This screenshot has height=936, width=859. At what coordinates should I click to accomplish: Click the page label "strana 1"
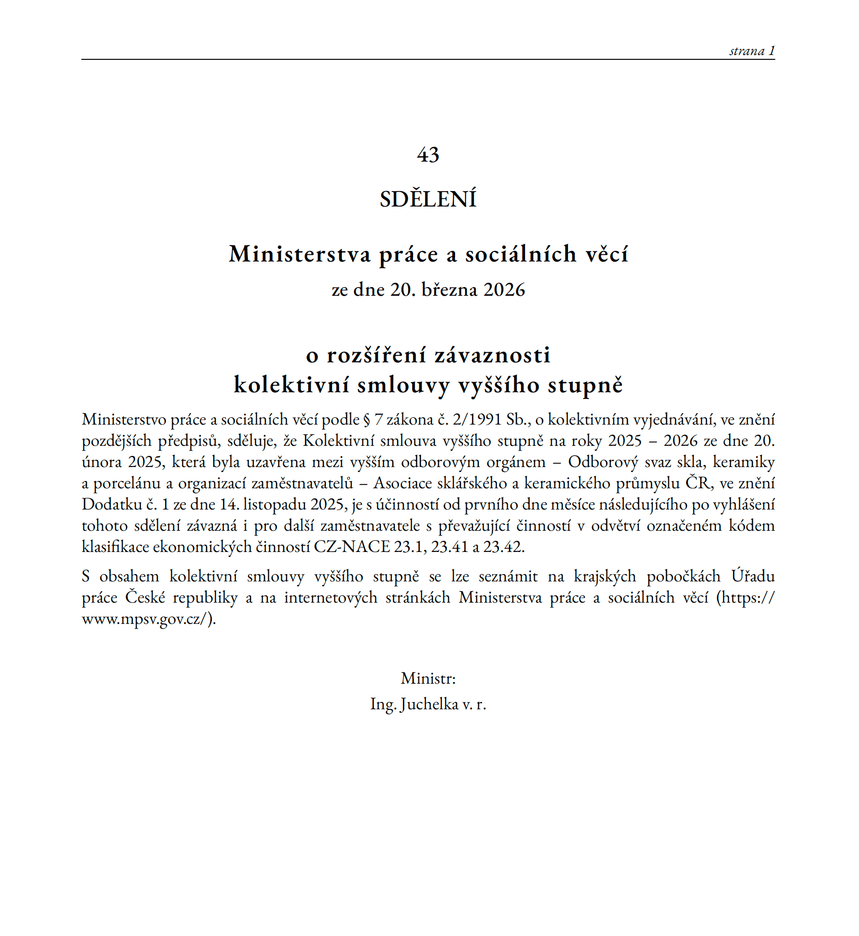(x=751, y=51)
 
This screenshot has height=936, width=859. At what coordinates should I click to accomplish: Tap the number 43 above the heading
(x=428, y=155)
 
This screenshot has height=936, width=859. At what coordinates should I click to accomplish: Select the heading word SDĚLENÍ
(x=428, y=199)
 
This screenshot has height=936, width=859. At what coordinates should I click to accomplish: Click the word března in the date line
(x=449, y=289)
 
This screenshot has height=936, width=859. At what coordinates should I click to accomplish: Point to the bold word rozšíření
(x=376, y=356)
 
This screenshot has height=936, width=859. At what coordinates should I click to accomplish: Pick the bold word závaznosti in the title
(x=492, y=356)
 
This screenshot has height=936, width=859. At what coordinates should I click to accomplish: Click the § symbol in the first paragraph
(x=367, y=420)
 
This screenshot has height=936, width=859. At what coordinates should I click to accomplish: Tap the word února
(x=102, y=462)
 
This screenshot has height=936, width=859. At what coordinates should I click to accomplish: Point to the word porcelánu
(x=126, y=483)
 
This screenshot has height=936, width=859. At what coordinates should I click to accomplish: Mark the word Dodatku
(x=111, y=504)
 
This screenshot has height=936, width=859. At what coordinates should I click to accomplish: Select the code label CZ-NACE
(x=352, y=547)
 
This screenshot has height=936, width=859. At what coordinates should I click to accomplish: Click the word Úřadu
(x=752, y=576)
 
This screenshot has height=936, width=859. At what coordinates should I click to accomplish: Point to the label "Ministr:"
(x=428, y=678)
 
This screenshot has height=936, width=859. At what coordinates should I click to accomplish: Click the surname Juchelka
(x=429, y=704)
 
